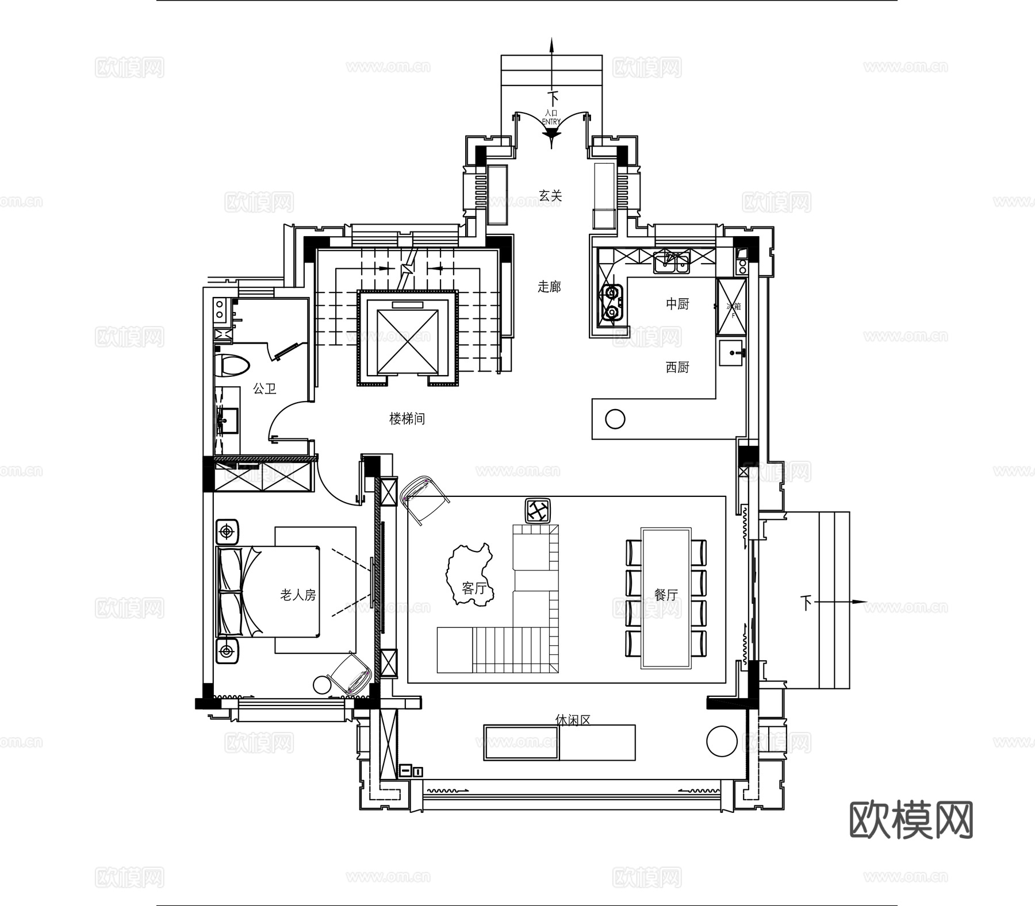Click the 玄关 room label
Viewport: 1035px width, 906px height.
pos(550,196)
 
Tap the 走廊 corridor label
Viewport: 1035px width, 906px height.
pos(549,287)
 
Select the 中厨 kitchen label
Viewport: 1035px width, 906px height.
pos(677,304)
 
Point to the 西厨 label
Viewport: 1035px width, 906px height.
pos(677,367)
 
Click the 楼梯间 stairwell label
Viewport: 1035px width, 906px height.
pos(407,419)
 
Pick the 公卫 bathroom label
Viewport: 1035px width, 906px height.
pos(264,389)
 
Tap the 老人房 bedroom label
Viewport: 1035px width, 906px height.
pos(298,595)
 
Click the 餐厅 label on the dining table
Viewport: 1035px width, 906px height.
pos(666,595)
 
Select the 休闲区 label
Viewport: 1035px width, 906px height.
pos(573,720)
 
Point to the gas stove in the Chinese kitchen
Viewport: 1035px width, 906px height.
pos(611,303)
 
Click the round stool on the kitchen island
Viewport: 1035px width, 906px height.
pos(615,419)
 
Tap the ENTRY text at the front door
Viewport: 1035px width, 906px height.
pos(551,121)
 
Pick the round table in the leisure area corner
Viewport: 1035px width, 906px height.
pos(722,741)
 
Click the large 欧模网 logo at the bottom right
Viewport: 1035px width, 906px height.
pos(911,820)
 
